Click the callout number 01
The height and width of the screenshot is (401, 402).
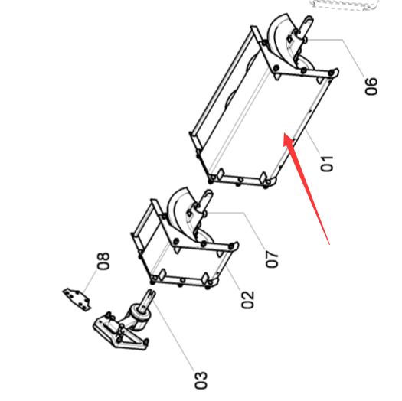click(327, 164)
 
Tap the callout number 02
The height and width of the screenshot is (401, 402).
click(247, 299)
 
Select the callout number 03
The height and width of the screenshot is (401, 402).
click(201, 380)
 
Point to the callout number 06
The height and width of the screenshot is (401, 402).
click(371, 86)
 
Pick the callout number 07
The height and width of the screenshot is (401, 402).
click(272, 259)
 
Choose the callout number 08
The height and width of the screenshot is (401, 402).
click(103, 261)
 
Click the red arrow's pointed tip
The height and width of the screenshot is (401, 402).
click(283, 133)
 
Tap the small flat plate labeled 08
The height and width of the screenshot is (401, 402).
click(77, 299)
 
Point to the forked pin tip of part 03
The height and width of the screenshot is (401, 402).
click(152, 292)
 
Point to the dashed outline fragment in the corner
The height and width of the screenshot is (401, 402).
click(345, 5)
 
